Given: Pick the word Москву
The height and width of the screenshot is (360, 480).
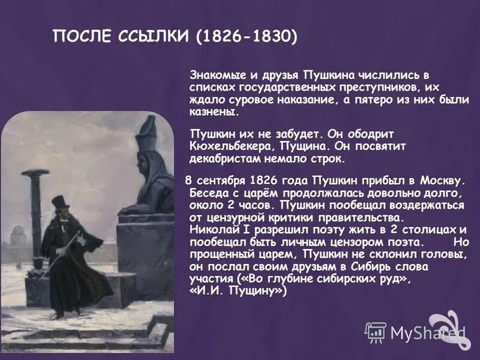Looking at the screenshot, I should click(x=441, y=181).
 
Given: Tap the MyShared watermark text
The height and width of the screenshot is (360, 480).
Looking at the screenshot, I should click(x=427, y=332).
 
